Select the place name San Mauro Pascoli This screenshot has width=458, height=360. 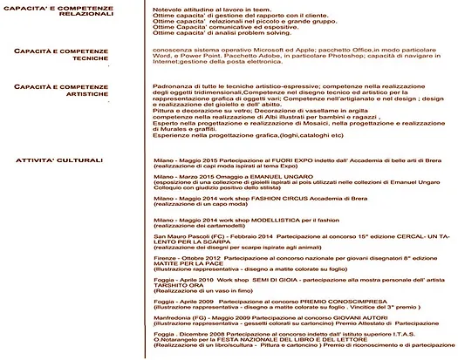click(x=179, y=237)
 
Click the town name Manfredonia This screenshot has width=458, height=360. click(x=174, y=319)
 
